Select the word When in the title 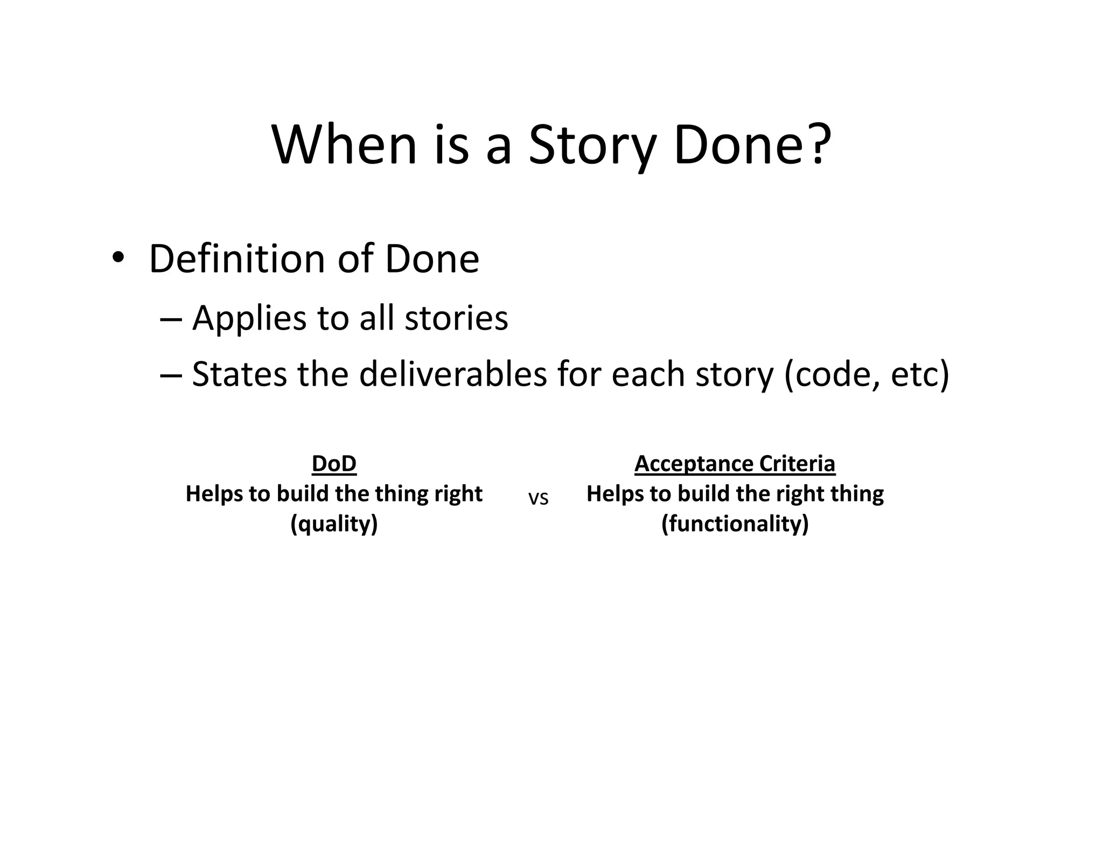pyautogui.click(x=345, y=144)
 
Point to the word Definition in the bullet pyautogui.click(x=237, y=259)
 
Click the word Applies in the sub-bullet pyautogui.click(x=249, y=318)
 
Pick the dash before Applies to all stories pyautogui.click(x=171, y=318)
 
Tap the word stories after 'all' pyautogui.click(x=456, y=318)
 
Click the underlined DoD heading pyautogui.click(x=334, y=464)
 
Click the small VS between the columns pyautogui.click(x=538, y=499)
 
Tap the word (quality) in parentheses pyautogui.click(x=334, y=523)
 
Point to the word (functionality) pyautogui.click(x=735, y=523)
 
